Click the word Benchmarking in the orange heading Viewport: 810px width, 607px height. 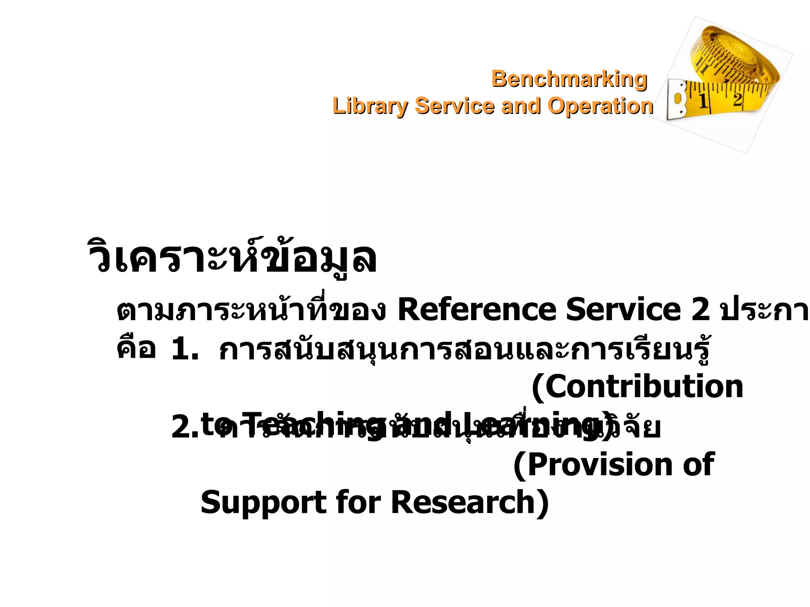click(x=569, y=79)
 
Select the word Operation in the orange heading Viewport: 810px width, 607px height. click(x=600, y=106)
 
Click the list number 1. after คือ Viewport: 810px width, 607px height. click(x=185, y=349)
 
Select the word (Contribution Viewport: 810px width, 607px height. click(x=637, y=387)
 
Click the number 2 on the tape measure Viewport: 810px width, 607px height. click(x=737, y=99)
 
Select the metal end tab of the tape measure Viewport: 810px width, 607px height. click(x=677, y=100)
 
